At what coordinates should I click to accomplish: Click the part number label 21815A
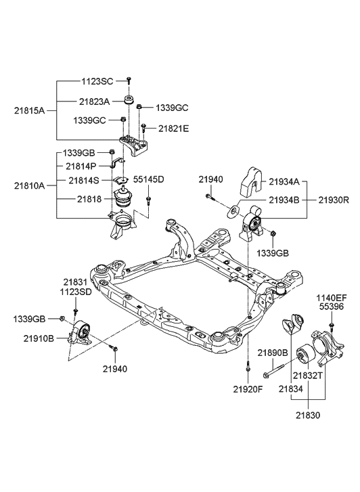(28, 110)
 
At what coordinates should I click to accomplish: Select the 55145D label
(148, 179)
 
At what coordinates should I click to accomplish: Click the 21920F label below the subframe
(248, 390)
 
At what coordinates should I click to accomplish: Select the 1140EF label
(331, 297)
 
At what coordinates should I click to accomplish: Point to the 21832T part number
(307, 373)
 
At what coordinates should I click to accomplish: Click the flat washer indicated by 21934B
(233, 210)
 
